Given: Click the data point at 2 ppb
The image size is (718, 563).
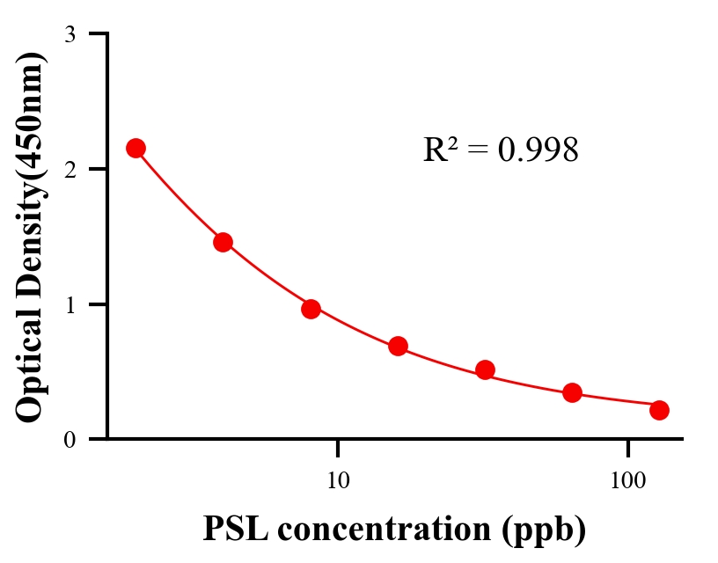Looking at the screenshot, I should (x=136, y=148).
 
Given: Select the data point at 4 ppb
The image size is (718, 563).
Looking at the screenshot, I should (x=223, y=242).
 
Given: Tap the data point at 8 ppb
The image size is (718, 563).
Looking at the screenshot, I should (x=311, y=309).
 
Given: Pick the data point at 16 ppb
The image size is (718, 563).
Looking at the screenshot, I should (x=398, y=346).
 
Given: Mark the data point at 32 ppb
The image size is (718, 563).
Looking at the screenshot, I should (x=485, y=369).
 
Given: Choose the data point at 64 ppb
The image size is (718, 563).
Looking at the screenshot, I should (x=572, y=392).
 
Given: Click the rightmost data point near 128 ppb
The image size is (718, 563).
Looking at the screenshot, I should (x=659, y=410).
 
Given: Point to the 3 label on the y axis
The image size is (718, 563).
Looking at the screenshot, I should (x=70, y=34).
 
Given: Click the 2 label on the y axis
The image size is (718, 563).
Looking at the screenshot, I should (x=70, y=169).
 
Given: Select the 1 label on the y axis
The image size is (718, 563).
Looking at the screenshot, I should (x=70, y=304).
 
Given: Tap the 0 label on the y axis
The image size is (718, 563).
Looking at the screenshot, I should (x=70, y=440).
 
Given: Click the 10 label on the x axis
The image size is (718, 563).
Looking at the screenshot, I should (x=338, y=480).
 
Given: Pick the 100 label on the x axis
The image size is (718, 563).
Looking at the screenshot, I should (x=627, y=480).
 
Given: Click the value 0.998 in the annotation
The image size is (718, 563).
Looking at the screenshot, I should (x=538, y=150).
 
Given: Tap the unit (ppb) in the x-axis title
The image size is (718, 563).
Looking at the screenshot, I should (x=546, y=530).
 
